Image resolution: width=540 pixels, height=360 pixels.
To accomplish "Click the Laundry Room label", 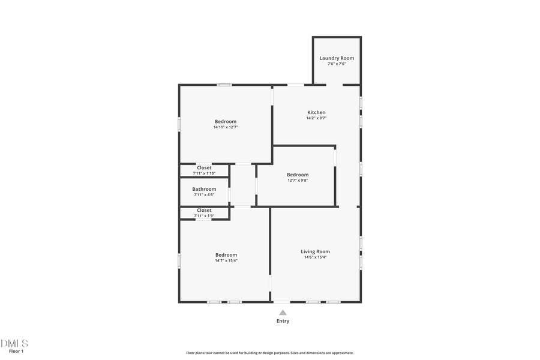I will coord(337,58).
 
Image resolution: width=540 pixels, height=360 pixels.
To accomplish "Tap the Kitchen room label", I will coord(316,112).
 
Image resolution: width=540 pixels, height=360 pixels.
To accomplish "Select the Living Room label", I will coord(315,251).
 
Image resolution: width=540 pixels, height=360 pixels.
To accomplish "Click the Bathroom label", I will coord(204,189).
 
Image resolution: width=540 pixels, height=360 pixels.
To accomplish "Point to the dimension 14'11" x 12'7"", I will coord(226,127).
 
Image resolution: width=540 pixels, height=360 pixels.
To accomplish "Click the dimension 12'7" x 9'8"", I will coord(298,181).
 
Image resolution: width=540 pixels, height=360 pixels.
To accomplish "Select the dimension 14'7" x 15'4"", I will coord(226,260).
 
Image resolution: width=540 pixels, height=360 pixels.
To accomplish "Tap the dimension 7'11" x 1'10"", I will coord(204,173).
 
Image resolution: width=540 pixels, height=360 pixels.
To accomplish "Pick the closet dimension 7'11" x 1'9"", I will coord(204,216).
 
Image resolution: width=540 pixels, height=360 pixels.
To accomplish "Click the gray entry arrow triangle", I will coord(283,313).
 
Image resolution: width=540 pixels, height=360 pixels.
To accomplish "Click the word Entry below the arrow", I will coord(283,321).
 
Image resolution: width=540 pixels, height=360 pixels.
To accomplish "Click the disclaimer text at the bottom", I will coord(269,353).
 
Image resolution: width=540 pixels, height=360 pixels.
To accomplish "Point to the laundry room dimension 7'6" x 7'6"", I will coord(337,64).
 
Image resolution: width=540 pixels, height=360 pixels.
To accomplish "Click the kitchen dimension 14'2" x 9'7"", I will coord(316,118).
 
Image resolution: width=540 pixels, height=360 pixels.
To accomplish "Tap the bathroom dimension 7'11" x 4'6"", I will coord(204,194).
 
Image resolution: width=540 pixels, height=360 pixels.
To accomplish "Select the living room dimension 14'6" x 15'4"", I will coord(315,257).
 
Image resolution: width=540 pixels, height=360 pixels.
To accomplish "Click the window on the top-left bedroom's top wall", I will coord(224,85).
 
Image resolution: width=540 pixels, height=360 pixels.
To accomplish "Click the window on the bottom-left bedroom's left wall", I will coord(179,260).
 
